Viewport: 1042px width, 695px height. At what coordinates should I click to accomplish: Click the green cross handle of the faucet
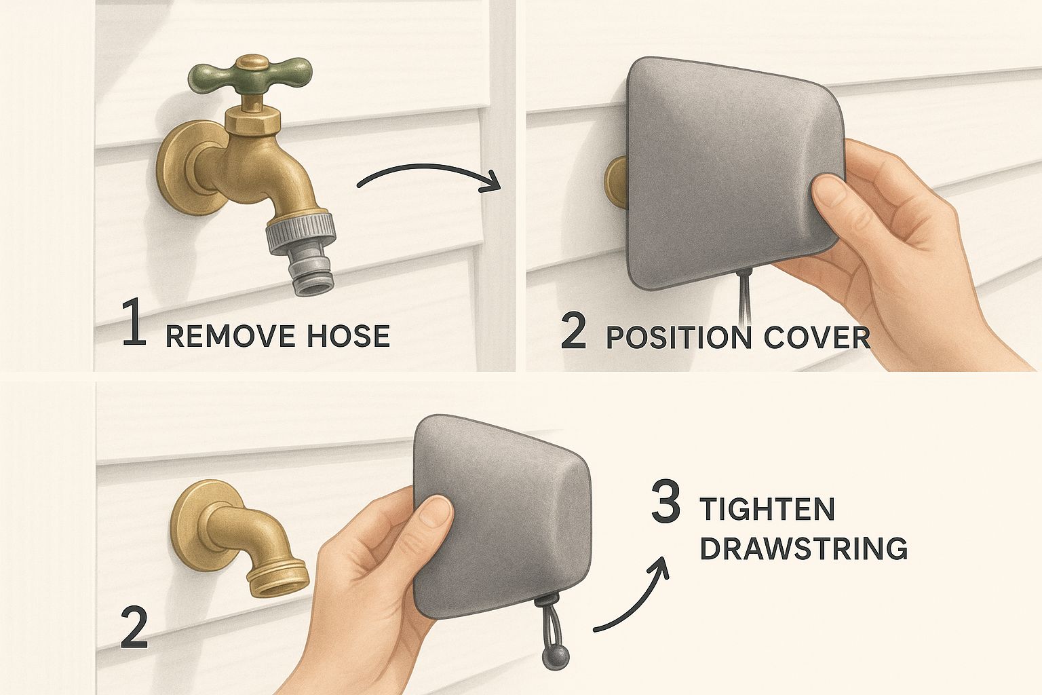click(x=250, y=75)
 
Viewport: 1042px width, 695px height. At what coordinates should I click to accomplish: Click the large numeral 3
click(x=665, y=502)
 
